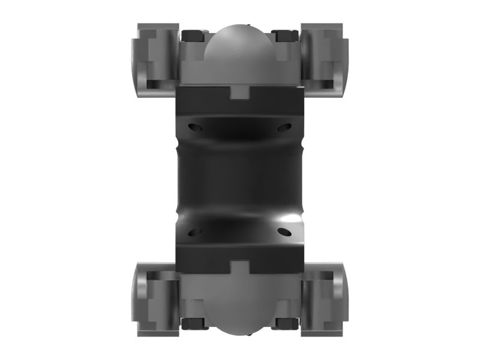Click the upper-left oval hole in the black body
click(196, 127)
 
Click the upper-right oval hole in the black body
click(284, 127)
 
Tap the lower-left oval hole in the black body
click(196, 232)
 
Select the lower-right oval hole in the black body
click(284, 232)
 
